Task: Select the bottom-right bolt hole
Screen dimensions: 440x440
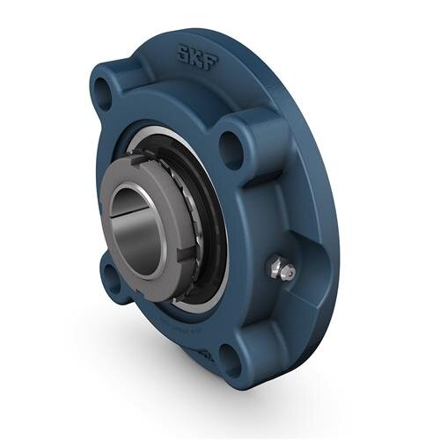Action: pyautogui.click(x=230, y=357)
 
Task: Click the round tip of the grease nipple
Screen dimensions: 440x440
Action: pyautogui.click(x=287, y=275)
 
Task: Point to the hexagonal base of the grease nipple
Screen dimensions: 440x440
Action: pyautogui.click(x=275, y=264)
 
